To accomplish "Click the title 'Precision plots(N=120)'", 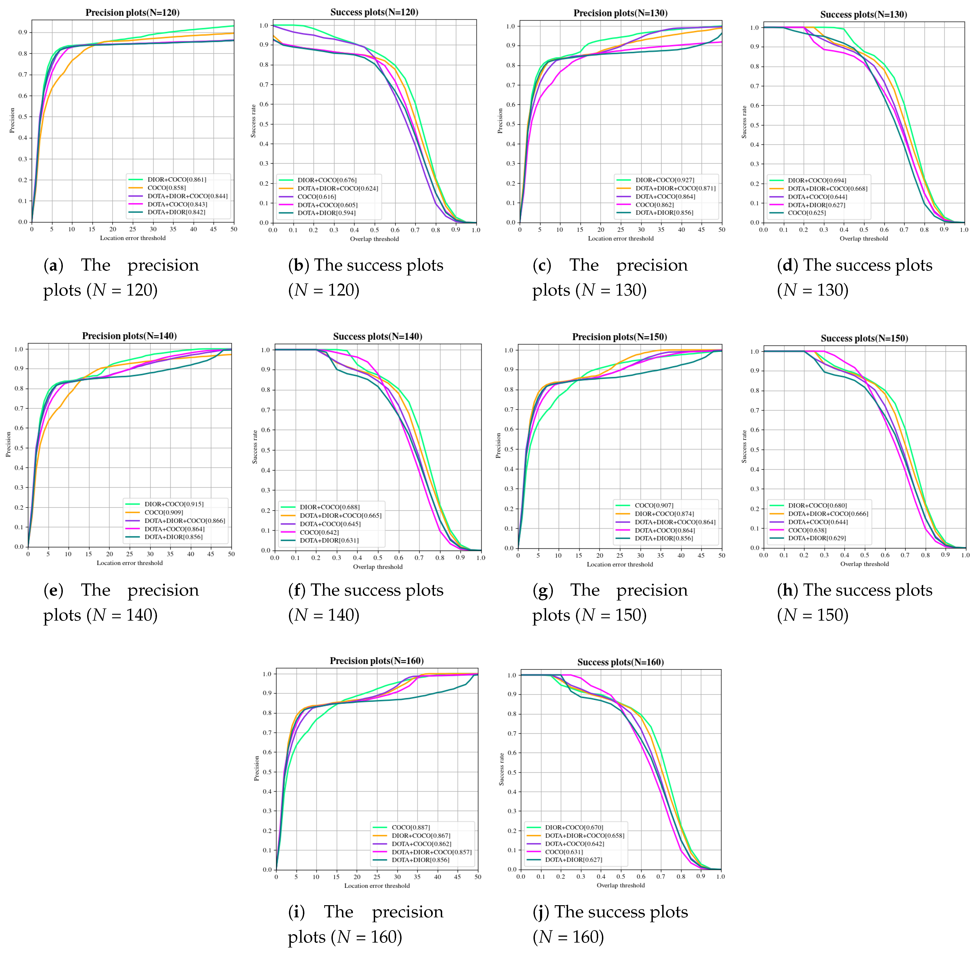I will (132, 13).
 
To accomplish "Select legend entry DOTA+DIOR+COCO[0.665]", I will (341, 515).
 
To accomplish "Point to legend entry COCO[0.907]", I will (654, 505).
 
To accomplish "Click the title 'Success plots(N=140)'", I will (377, 337).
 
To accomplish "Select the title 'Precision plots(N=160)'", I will (376, 661).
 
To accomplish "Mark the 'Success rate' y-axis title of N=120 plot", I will (254, 121).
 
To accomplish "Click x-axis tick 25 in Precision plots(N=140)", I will (129, 554).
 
